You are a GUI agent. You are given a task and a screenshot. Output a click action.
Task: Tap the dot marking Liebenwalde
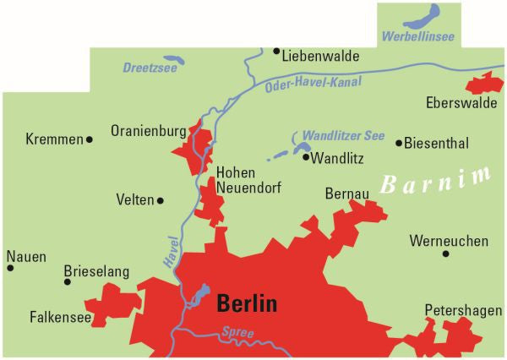276,51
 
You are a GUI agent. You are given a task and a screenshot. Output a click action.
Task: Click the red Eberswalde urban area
483,85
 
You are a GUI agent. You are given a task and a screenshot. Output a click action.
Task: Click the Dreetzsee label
150,68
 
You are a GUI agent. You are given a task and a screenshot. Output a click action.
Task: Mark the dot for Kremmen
90,139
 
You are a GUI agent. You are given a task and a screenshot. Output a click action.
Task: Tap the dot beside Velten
161,200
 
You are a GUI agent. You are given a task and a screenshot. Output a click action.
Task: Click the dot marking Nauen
10,268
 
